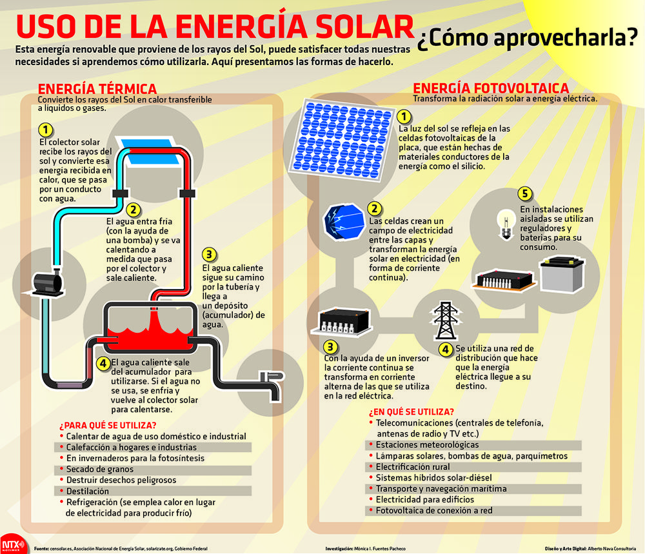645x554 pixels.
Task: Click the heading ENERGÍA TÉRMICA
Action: click(x=97, y=89)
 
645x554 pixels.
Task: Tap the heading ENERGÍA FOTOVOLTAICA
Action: click(x=490, y=88)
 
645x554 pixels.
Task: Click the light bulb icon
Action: click(x=504, y=220)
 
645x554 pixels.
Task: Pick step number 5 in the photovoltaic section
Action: click(x=526, y=194)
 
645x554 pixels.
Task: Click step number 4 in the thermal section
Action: click(x=103, y=362)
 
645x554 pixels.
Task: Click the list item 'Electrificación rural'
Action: click(x=413, y=466)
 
